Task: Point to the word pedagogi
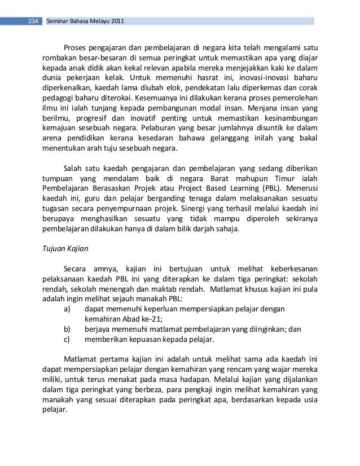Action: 59,98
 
